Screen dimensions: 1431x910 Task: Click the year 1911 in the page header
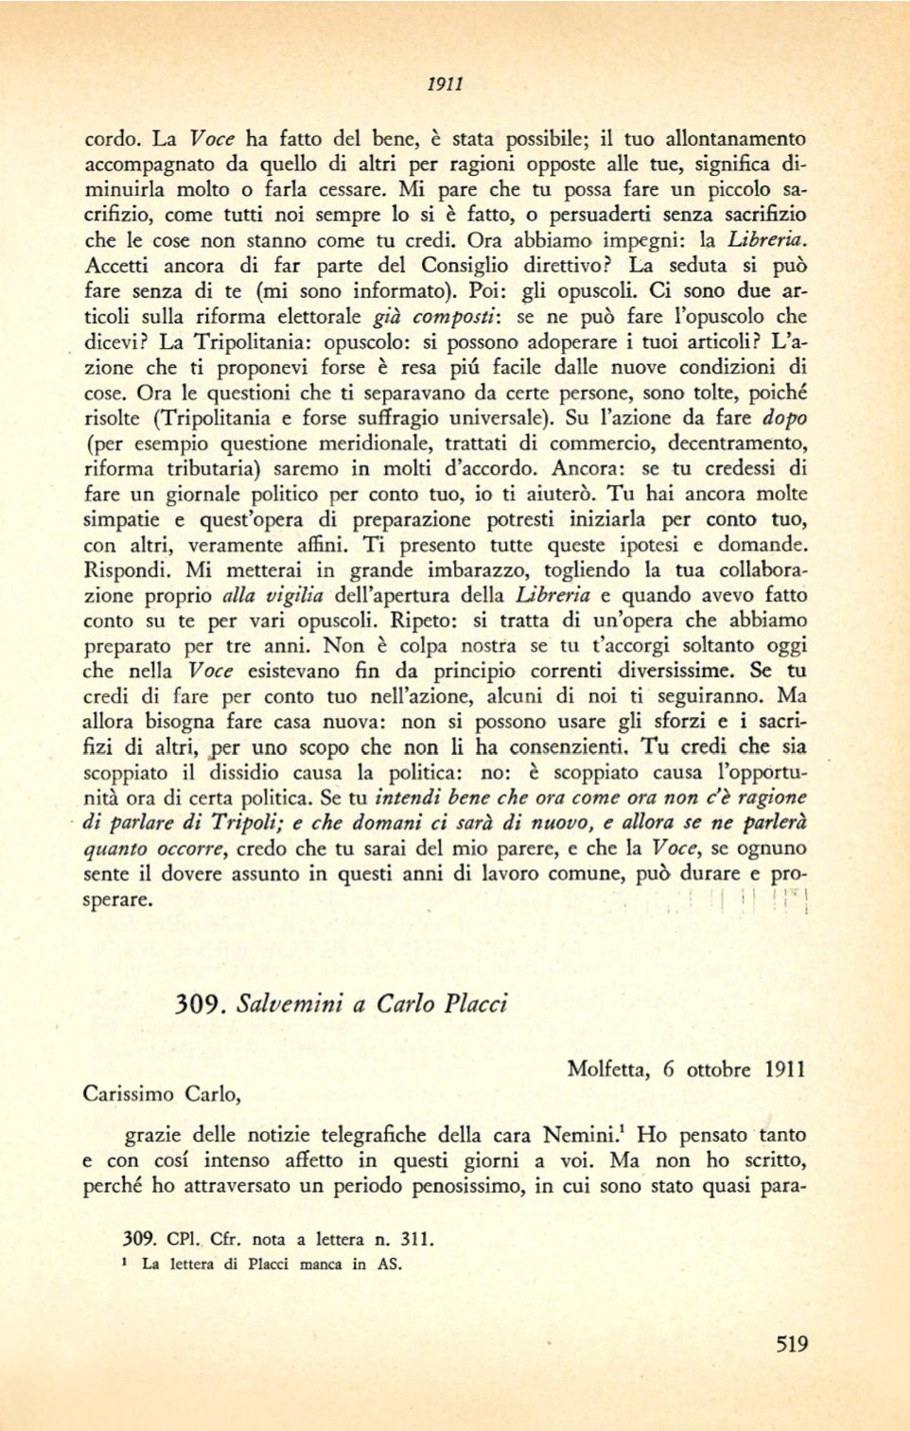(x=445, y=84)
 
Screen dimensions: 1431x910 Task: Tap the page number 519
(x=791, y=1344)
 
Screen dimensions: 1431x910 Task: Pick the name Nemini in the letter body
(x=585, y=1135)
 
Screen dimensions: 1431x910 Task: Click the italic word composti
(x=457, y=317)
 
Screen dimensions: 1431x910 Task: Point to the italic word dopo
(x=785, y=418)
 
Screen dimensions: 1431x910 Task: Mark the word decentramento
(x=726, y=444)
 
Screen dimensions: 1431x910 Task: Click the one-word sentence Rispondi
(x=128, y=570)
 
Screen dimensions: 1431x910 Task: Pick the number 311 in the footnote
(x=414, y=1239)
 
